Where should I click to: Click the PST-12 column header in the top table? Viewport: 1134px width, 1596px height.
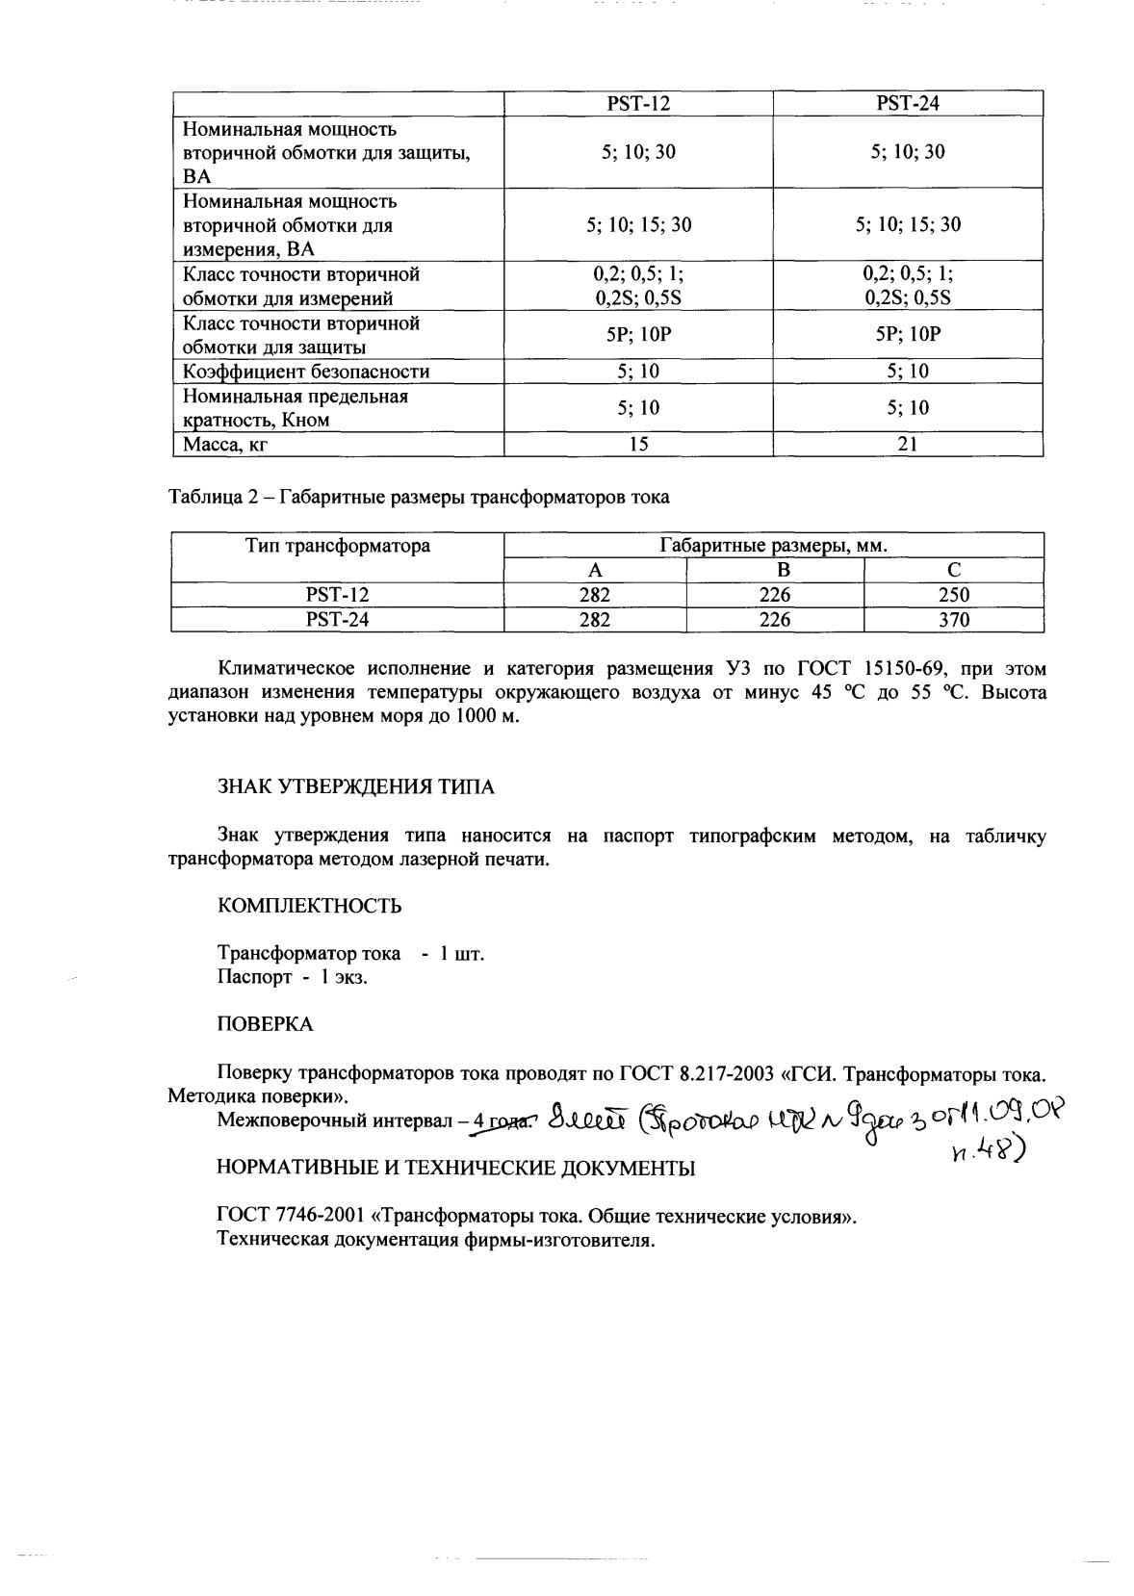[x=638, y=104]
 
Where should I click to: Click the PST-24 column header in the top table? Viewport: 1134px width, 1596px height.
[x=907, y=104]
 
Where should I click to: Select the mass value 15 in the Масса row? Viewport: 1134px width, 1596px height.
[x=638, y=444]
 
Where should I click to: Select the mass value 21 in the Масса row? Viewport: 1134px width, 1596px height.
[x=907, y=444]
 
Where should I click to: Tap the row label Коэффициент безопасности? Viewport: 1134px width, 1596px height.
[x=306, y=372]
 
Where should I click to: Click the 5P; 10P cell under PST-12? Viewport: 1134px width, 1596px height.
[x=638, y=334]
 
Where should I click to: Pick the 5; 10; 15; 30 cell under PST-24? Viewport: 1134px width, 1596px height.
[x=907, y=224]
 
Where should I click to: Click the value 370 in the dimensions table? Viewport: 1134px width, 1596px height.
[x=953, y=621]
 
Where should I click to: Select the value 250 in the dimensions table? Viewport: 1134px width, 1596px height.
[x=953, y=596]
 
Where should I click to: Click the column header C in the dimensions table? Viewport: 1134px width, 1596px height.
[x=953, y=570]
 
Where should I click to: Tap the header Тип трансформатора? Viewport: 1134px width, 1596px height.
[x=337, y=546]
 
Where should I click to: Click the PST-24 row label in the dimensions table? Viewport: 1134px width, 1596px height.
[x=337, y=621]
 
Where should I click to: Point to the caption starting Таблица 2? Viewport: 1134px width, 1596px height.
[x=419, y=498]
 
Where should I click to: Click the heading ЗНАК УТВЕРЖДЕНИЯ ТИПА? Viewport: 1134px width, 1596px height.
[x=355, y=787]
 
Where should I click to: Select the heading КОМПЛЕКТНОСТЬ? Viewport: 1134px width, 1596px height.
[x=309, y=906]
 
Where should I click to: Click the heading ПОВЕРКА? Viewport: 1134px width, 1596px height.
[x=265, y=1024]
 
